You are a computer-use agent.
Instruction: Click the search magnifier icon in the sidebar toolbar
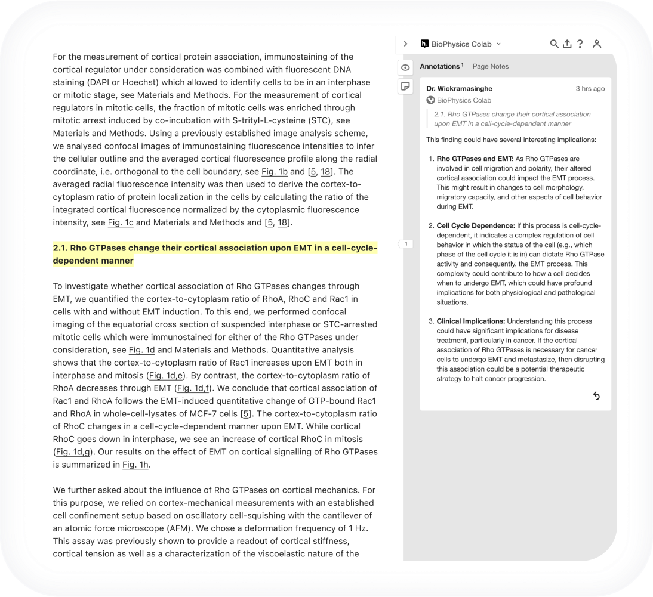click(x=554, y=44)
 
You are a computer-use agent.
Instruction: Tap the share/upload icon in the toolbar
click(x=567, y=44)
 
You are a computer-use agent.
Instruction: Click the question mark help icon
click(x=580, y=44)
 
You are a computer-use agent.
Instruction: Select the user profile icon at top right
click(x=596, y=44)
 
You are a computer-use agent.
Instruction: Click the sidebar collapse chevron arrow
click(x=405, y=44)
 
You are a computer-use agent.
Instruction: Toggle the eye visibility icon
click(x=405, y=67)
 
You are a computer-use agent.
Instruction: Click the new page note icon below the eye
click(x=405, y=86)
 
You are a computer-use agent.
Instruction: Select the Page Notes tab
click(x=490, y=66)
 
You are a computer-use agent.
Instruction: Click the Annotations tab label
click(x=440, y=66)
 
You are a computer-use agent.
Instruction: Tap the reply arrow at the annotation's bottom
click(x=596, y=396)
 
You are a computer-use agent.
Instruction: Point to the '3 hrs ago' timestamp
click(x=590, y=88)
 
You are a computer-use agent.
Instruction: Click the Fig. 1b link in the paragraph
click(x=275, y=171)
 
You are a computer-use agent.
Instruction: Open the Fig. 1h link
click(x=135, y=465)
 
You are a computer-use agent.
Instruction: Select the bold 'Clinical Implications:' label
click(x=471, y=321)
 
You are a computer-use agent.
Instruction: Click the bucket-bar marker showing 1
click(x=406, y=243)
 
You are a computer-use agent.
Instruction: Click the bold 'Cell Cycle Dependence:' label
click(x=476, y=225)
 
